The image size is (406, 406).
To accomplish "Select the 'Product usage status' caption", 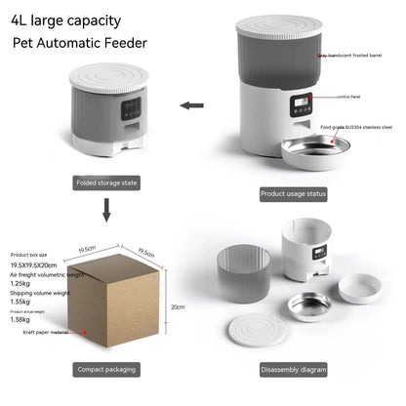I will pyautogui.click(x=294, y=193).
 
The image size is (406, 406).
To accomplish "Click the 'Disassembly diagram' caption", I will pyautogui.click(x=294, y=370).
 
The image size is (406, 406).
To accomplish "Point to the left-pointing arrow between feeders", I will pyautogui.click(x=195, y=104).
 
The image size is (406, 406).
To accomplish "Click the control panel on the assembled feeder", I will pyautogui.click(x=301, y=101).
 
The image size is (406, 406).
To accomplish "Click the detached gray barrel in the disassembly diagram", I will pyautogui.click(x=241, y=270).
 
